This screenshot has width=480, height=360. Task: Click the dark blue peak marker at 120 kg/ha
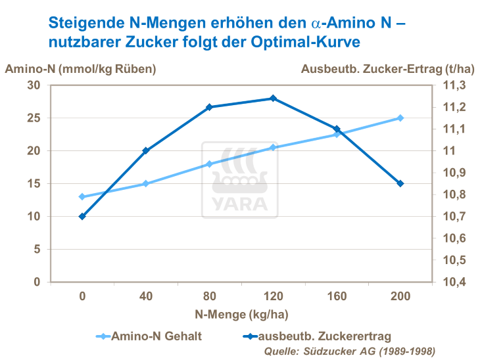tap(273, 99)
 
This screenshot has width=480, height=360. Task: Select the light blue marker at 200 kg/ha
tap(400, 118)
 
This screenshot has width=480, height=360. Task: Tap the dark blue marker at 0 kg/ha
tap(82, 216)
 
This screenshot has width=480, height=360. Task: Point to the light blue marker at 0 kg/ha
tap(82, 196)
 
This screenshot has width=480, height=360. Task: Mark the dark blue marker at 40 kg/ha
tap(146, 150)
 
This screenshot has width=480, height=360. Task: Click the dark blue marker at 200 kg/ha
tap(400, 183)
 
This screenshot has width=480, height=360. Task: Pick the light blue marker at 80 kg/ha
tap(209, 164)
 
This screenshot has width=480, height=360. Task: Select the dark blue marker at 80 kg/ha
tap(209, 107)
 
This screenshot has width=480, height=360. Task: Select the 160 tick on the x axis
tap(336, 296)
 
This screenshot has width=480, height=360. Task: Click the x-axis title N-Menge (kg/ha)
tap(241, 314)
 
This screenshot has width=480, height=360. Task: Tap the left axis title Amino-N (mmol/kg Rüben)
tap(81, 68)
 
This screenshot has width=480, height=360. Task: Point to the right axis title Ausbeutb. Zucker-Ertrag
tap(387, 68)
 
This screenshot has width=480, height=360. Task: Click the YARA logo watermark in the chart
tap(240, 179)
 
